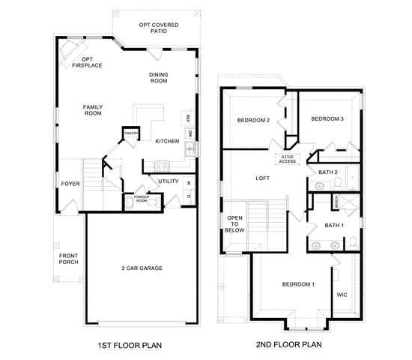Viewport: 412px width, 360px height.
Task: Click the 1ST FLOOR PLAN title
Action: click(x=130, y=346)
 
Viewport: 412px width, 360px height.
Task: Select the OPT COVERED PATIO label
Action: click(x=159, y=28)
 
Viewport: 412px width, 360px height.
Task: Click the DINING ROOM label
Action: click(x=158, y=77)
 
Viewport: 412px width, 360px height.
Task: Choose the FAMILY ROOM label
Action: click(x=92, y=110)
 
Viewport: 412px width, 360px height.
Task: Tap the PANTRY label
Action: click(x=132, y=133)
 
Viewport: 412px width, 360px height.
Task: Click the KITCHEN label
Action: click(x=166, y=141)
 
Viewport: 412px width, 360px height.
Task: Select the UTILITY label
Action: click(x=169, y=181)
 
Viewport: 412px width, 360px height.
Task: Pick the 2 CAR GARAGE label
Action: click(x=142, y=268)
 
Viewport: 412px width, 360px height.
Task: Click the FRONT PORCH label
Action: click(x=68, y=261)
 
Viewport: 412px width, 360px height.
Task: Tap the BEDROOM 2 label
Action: click(x=253, y=120)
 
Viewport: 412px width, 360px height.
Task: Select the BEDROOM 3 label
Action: click(x=327, y=118)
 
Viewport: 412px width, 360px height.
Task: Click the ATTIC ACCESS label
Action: click(x=288, y=159)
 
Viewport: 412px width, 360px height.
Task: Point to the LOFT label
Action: click(x=262, y=178)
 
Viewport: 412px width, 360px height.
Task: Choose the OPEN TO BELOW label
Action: click(x=234, y=223)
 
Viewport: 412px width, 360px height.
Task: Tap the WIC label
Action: click(x=342, y=295)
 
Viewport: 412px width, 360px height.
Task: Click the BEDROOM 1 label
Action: click(x=298, y=284)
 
